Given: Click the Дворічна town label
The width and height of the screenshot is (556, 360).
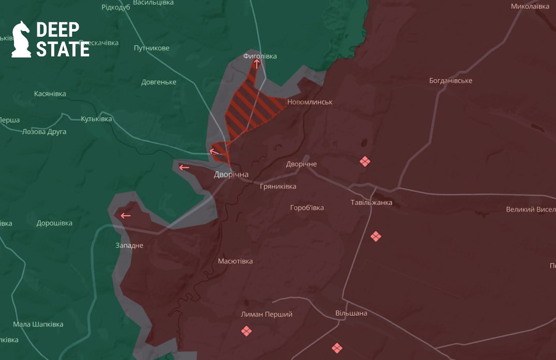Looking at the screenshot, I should point(231,175).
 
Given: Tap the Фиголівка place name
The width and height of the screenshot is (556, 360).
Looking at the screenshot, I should point(260,56).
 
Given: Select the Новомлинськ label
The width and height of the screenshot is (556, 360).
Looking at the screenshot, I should point(310,102).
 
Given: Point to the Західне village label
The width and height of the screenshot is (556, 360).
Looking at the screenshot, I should point(129,245).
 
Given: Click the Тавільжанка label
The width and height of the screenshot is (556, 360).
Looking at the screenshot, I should point(371,202).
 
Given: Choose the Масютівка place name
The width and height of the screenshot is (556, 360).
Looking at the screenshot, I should point(236,261).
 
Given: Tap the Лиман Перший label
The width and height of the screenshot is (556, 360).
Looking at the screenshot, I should point(267,314).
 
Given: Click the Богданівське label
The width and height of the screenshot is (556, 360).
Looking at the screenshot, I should point(450,81).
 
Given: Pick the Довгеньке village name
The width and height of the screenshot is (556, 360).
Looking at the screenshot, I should point(159,82).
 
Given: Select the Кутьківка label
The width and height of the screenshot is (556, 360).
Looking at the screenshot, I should point(96,119).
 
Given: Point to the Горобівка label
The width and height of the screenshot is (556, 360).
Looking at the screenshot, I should point(307,208).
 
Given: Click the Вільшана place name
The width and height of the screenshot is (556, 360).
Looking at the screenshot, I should point(351,313).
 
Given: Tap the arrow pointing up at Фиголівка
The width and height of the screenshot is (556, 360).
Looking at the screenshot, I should point(256,64).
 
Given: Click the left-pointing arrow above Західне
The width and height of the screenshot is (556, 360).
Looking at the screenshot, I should point(125,216).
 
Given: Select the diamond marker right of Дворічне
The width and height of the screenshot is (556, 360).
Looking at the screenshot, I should point(365,162).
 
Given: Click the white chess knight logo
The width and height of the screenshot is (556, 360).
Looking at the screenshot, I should point(21,39).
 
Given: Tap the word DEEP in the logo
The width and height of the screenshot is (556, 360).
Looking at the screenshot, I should point(57,31).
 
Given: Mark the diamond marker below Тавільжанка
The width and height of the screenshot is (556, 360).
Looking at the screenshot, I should point(376,236).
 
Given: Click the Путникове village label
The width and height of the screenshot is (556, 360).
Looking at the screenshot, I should point(152,48).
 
